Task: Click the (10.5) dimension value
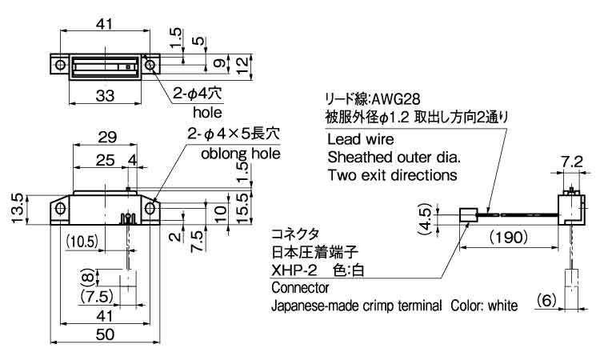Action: [82, 241]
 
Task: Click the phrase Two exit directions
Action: [392, 174]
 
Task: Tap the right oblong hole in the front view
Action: [150, 209]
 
